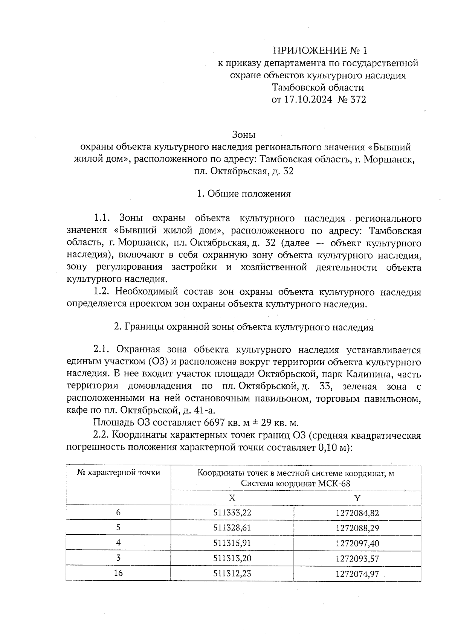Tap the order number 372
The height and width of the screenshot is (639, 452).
coord(358,100)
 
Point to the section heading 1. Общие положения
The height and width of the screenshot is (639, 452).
coord(244,194)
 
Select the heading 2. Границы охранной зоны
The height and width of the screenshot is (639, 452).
coord(244,327)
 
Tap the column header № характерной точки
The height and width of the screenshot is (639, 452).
coord(118,473)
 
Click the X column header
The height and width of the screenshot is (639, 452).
coord(232,498)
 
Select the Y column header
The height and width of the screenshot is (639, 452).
coord(357,498)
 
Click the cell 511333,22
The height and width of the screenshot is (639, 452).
coord(232,513)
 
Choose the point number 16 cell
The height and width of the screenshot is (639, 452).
coord(118,573)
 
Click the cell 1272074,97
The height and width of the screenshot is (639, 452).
coord(357,574)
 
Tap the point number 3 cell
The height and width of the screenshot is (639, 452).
coord(118,558)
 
